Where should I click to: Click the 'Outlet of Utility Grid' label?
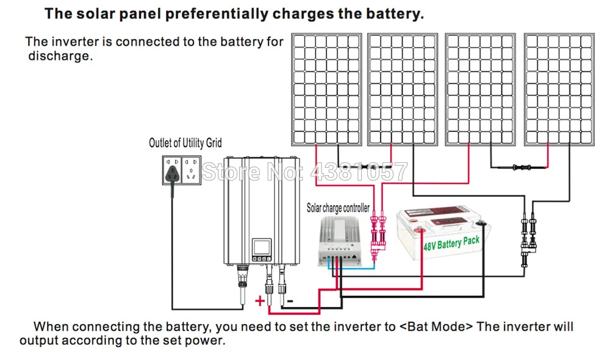click(185, 143)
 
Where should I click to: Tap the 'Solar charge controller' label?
click(338, 208)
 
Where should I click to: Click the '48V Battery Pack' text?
click(451, 243)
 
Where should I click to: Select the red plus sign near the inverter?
click(259, 300)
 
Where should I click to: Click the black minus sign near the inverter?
click(290, 301)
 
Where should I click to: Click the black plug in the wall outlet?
click(173, 173)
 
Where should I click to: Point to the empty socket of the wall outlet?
click(191, 170)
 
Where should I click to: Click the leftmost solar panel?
click(326, 90)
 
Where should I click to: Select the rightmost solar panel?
click(559, 90)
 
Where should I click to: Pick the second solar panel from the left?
click(403, 90)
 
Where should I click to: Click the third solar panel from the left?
click(480, 90)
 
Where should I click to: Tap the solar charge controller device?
click(339, 241)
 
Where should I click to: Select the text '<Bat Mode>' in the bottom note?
click(436, 326)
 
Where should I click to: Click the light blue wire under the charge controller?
click(351, 268)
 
